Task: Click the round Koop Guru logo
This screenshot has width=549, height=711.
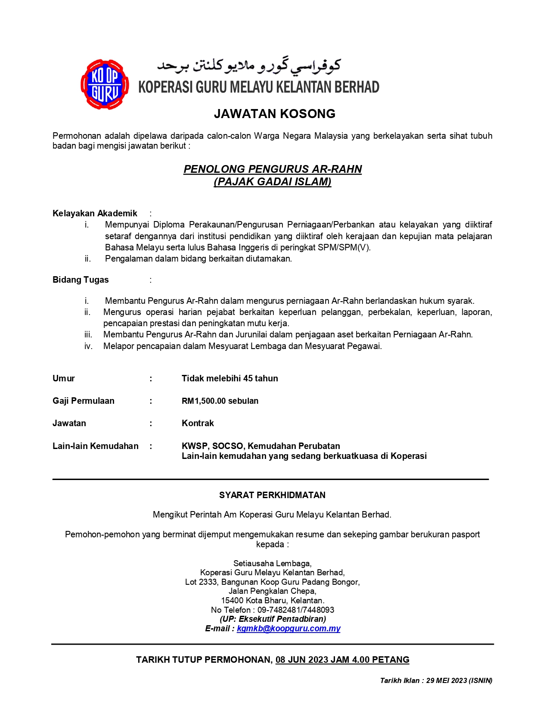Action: pyautogui.click(x=105, y=84)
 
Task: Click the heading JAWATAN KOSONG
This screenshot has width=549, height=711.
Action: pyautogui.click(x=274, y=114)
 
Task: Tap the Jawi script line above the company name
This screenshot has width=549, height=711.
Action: pyautogui.click(x=248, y=65)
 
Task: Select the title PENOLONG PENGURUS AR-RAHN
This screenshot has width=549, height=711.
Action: pyautogui.click(x=273, y=169)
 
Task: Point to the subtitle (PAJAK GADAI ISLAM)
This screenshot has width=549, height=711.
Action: pyautogui.click(x=273, y=182)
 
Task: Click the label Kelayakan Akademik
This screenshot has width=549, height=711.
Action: pyautogui.click(x=95, y=213)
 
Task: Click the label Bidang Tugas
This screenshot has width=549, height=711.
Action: pyautogui.click(x=81, y=280)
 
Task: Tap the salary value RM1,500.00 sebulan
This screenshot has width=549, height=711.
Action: pyautogui.click(x=220, y=401)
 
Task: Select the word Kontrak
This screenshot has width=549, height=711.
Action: pyautogui.click(x=198, y=423)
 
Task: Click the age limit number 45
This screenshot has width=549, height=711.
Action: pyautogui.click(x=248, y=378)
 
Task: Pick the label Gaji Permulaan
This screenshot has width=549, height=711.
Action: pyautogui.click(x=84, y=401)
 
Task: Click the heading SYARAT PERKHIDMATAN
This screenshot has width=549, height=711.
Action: pyautogui.click(x=272, y=495)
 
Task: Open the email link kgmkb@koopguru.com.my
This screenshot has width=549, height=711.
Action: pyautogui.click(x=288, y=629)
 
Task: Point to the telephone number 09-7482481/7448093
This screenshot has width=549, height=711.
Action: pyautogui.click(x=296, y=610)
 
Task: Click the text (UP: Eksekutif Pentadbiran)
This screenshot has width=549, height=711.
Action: pyautogui.click(x=273, y=619)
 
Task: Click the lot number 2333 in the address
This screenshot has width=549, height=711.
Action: pyautogui.click(x=208, y=582)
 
